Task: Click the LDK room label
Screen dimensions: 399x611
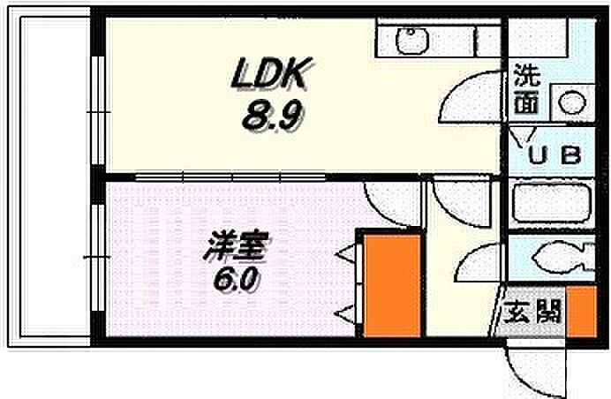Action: [268, 76]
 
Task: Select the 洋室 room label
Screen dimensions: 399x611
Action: [225, 246]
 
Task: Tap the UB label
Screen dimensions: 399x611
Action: [554, 156]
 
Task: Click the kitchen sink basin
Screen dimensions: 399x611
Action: [411, 40]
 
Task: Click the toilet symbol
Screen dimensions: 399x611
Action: [554, 260]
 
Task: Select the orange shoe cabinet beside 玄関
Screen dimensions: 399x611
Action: [579, 311]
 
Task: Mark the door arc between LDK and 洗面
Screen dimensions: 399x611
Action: [468, 102]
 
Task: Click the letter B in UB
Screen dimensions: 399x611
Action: [570, 156]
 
